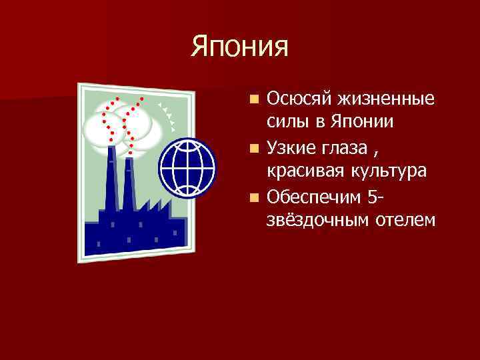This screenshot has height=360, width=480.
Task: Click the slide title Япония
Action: tap(240, 47)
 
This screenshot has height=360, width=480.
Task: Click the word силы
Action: tap(286, 123)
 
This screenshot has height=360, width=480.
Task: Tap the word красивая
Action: tap(303, 171)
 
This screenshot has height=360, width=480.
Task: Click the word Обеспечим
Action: tap(312, 195)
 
